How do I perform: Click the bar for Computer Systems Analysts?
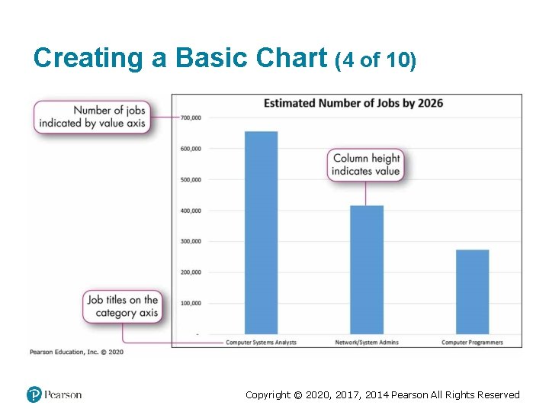tap(261, 233)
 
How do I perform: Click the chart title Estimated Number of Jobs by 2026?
tap(353, 103)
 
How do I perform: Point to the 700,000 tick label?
tap(191, 117)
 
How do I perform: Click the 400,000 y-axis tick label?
tap(191, 211)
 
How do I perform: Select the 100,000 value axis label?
tap(191, 303)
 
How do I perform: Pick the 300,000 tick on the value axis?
tap(191, 241)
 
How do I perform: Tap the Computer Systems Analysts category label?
tap(261, 343)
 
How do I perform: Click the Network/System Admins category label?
tap(367, 343)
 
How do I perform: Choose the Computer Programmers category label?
tap(472, 343)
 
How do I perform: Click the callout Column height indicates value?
tap(366, 165)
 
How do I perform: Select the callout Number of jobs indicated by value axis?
tap(91, 117)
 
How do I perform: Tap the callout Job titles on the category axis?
tap(122, 306)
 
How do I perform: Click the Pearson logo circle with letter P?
tap(34, 394)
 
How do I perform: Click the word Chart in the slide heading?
tap(287, 58)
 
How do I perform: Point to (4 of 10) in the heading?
tap(375, 60)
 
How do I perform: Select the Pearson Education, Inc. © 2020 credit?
tap(76, 352)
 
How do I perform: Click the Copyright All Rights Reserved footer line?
tap(382, 394)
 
